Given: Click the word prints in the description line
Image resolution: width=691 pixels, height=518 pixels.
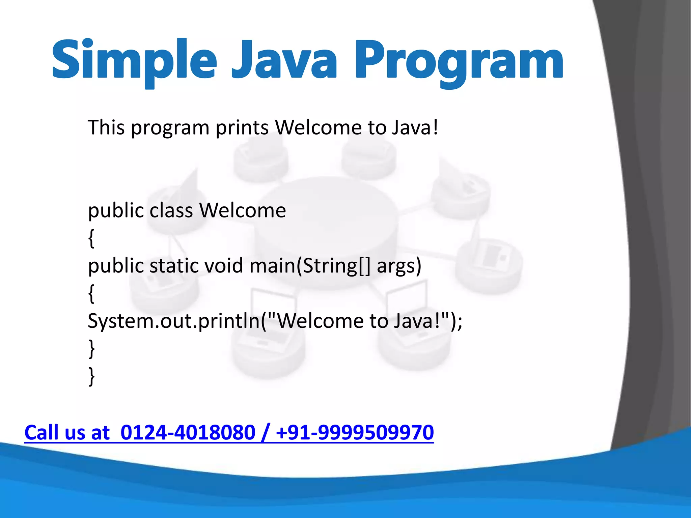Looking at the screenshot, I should tap(242, 128).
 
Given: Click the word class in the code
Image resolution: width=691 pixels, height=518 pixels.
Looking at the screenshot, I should tap(171, 210).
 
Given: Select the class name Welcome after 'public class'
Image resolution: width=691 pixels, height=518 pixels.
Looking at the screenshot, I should tap(242, 210).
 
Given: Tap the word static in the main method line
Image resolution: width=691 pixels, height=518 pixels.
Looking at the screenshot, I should tap(174, 266).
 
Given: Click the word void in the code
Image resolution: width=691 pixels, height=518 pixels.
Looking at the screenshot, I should tap(224, 266).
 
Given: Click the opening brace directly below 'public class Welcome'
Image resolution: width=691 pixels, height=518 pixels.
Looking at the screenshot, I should tap(91, 238).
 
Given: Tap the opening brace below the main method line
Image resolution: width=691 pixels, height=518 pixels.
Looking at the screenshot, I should tap(91, 294).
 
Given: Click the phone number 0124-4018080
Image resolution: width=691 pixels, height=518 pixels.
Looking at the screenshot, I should tap(188, 433).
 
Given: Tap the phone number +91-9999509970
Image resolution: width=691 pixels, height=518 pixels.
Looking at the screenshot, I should tap(354, 433).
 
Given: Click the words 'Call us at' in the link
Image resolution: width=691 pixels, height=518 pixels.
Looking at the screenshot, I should tap(67, 433).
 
